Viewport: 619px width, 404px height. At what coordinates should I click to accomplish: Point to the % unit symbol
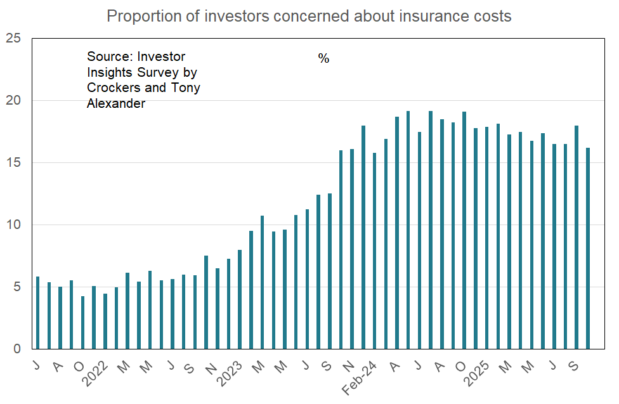point(323,59)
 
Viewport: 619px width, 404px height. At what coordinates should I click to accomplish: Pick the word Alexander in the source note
point(116,103)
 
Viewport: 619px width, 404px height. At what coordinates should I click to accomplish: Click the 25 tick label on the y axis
point(13,39)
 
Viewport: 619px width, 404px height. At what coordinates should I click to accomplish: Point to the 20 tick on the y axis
point(13,101)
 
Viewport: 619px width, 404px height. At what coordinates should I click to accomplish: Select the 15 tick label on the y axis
point(13,163)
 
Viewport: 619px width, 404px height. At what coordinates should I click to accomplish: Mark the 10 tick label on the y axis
point(13,225)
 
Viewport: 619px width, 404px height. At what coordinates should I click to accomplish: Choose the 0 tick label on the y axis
point(17,349)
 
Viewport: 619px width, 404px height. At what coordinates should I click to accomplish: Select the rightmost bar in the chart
point(589,249)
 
